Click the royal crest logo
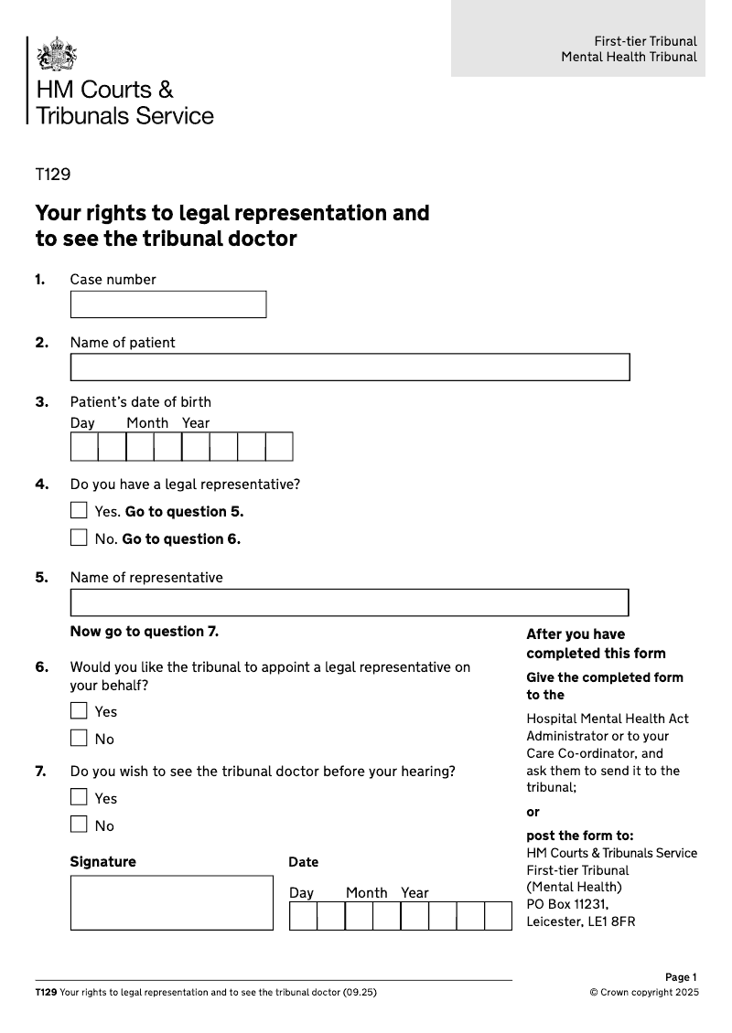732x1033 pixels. tap(56, 54)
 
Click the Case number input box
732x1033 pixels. tap(168, 304)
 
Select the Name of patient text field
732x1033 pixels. tap(350, 367)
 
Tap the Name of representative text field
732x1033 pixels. tap(350, 602)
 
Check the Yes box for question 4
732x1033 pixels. tap(80, 510)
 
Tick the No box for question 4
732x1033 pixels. tap(80, 538)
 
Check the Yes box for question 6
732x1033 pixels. tap(80, 710)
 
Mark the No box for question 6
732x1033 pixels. tap(80, 738)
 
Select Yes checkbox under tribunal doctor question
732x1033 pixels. tap(80, 797)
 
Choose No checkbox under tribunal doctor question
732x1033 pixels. tap(80, 825)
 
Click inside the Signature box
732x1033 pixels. tap(172, 902)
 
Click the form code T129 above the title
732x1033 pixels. tap(53, 175)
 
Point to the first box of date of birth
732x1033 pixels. tap(84, 446)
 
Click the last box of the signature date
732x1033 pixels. tap(498, 916)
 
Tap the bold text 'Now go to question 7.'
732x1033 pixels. tap(145, 632)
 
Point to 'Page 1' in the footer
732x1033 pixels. tap(681, 977)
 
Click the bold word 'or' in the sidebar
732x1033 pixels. tap(533, 812)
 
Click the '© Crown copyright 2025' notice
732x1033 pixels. tap(643, 992)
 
